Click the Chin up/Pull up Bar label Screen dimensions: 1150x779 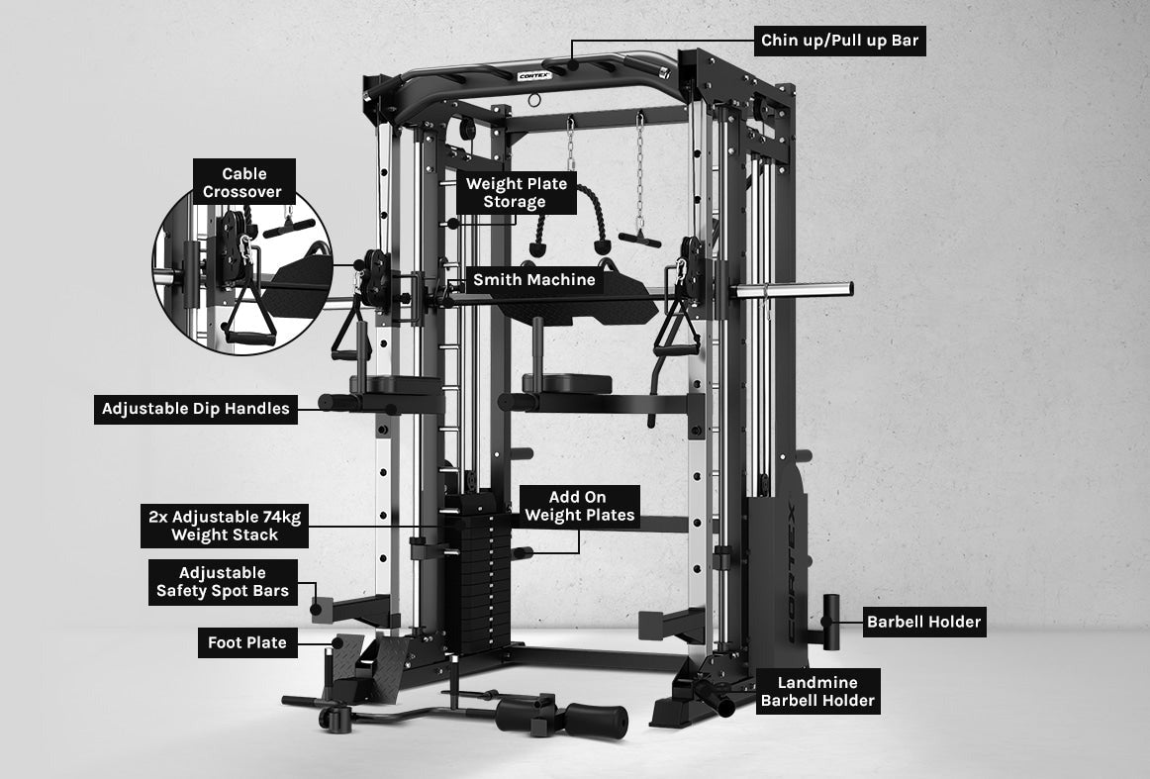coord(840,41)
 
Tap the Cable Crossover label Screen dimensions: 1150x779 coord(243,182)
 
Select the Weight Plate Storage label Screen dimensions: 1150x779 coord(517,193)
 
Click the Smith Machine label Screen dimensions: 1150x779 coord(534,279)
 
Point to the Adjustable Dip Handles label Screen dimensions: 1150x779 coord(196,409)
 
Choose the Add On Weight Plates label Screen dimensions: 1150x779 coord(579,506)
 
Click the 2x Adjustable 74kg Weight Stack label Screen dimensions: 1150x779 coord(225,526)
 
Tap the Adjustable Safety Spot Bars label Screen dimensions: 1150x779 coord(223,582)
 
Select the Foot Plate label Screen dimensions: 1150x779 coord(247,642)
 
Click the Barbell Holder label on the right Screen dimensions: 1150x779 coord(924,622)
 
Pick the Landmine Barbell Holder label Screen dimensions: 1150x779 coord(817,691)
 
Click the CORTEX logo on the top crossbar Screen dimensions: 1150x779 coord(534,75)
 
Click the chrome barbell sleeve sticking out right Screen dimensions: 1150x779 coord(795,289)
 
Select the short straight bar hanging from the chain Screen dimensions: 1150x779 coord(639,240)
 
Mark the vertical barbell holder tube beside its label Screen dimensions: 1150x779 coord(831,622)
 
